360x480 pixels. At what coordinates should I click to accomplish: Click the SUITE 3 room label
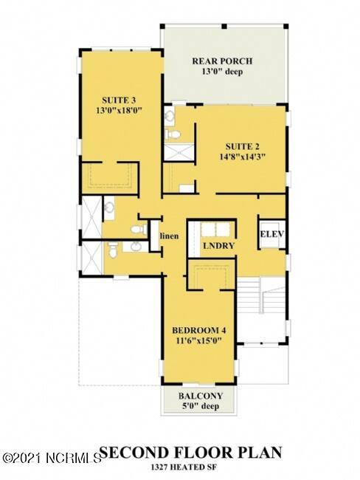[x=121, y=98]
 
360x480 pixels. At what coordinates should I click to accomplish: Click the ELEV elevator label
[x=271, y=235]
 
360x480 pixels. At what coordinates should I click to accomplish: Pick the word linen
[x=169, y=236]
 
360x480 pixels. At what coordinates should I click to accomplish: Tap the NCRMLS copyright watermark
[x=51, y=458]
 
